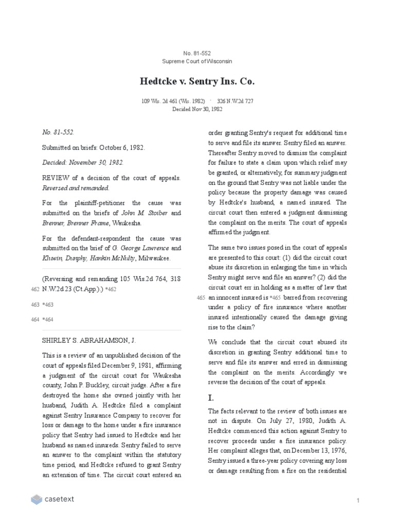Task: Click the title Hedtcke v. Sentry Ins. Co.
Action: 197,81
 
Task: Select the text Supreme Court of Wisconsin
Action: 197,61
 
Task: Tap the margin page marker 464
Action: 35,320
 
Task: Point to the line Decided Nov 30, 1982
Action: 197,109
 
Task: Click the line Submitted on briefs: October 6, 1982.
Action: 93,147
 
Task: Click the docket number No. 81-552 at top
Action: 197,53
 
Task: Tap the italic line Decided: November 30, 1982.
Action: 82,162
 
